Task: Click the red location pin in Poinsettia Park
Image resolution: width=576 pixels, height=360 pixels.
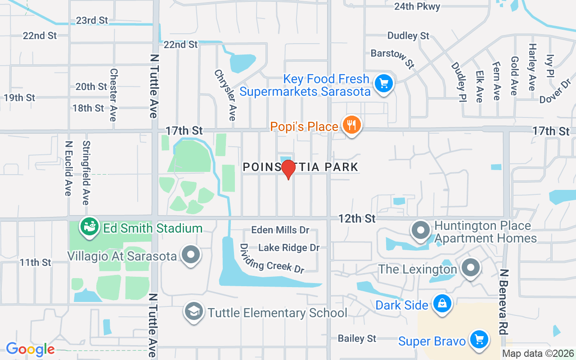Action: (x=288, y=169)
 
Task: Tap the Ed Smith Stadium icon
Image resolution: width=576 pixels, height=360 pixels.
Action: (x=89, y=227)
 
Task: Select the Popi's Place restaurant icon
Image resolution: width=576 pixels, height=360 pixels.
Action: (x=351, y=126)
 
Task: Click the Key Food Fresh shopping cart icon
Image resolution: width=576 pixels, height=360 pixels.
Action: (x=384, y=84)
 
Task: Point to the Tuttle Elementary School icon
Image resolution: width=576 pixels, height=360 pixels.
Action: (x=194, y=312)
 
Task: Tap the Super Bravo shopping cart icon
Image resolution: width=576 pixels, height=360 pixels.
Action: (x=479, y=340)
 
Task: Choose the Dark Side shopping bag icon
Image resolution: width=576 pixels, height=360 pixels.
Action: (x=442, y=305)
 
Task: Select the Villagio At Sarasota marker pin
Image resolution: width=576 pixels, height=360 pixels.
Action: (x=191, y=255)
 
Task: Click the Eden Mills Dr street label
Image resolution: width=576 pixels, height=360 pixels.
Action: (x=280, y=230)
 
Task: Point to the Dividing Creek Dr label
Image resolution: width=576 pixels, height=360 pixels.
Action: (x=272, y=259)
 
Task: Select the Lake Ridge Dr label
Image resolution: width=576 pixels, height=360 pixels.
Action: (x=289, y=247)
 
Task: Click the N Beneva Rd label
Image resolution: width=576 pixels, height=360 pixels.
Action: (x=504, y=301)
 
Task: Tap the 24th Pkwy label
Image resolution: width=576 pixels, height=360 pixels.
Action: (x=417, y=6)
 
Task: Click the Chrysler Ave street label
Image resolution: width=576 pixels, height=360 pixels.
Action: (x=225, y=94)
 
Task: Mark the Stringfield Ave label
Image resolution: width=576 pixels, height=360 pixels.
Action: (x=86, y=173)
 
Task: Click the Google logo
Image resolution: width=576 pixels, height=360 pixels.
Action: (x=30, y=349)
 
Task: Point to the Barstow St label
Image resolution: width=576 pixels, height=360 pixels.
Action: (x=392, y=58)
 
